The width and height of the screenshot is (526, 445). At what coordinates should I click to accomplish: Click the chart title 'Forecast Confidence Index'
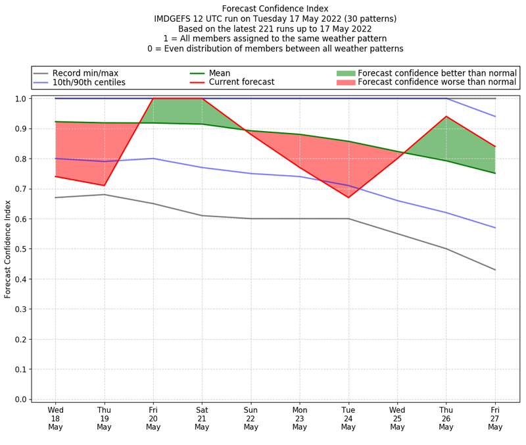click(275, 9)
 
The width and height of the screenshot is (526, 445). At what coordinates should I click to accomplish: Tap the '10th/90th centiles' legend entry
click(89, 82)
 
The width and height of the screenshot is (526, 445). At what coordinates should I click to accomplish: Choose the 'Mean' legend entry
click(218, 72)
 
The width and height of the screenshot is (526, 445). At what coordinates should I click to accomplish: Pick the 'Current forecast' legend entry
click(241, 82)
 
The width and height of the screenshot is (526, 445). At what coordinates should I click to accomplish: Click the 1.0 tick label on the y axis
click(20, 99)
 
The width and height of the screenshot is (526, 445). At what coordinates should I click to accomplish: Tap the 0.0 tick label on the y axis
click(20, 400)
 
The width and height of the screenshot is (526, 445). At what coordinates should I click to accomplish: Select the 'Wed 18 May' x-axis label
click(55, 418)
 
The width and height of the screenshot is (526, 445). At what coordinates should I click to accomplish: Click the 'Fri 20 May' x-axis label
click(153, 418)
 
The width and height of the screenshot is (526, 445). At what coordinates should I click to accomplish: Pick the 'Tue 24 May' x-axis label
click(348, 418)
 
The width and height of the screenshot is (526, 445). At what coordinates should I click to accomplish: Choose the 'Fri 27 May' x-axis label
click(495, 418)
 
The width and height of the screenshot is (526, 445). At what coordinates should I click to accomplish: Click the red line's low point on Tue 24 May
click(348, 197)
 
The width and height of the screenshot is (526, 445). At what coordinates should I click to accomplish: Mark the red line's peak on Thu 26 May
click(446, 117)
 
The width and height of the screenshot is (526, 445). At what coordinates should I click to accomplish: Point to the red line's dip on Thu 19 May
click(104, 186)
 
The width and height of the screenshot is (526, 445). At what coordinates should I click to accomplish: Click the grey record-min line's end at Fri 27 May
click(495, 270)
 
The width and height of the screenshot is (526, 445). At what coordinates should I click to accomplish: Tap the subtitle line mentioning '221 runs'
click(275, 29)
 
